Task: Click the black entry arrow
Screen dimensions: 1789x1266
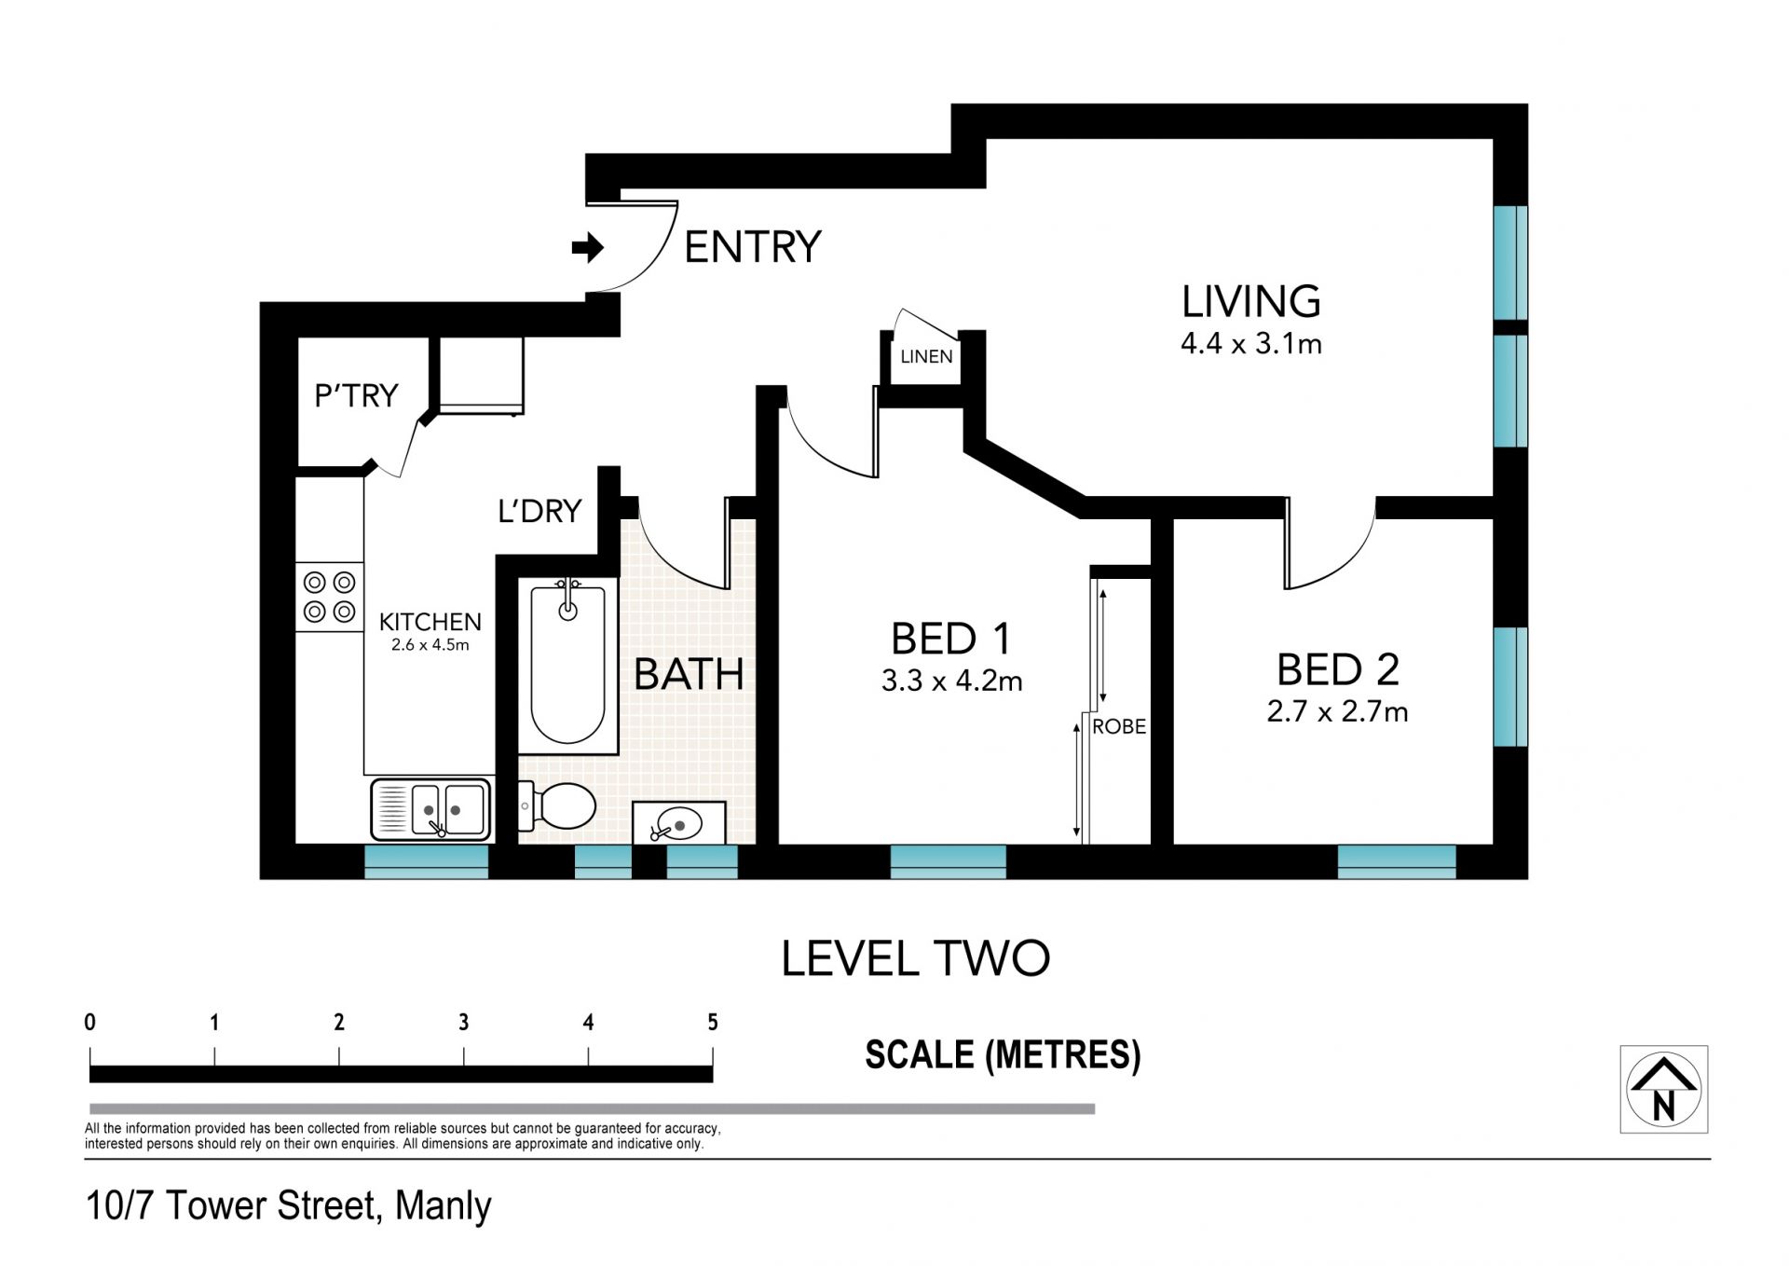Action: (588, 248)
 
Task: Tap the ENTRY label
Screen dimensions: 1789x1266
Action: (753, 247)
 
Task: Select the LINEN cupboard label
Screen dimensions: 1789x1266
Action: (926, 356)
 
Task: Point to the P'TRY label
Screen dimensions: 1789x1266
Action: (356, 395)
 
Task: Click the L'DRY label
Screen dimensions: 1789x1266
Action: (539, 511)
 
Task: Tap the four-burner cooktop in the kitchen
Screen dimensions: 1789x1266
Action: (330, 597)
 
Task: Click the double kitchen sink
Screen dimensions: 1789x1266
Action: (431, 809)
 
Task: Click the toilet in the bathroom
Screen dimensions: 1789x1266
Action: (558, 806)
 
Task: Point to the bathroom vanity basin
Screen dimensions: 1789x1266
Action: (679, 823)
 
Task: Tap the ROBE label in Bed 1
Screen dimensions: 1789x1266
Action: (1119, 726)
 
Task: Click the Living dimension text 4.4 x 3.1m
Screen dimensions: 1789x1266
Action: (1251, 344)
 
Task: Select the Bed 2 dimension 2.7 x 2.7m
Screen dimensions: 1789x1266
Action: (1337, 712)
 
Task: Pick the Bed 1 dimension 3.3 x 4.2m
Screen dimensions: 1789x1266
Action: (951, 681)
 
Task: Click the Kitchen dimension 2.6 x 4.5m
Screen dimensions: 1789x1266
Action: (430, 644)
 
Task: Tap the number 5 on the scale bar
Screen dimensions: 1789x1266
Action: (713, 1023)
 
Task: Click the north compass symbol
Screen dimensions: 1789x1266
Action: (1664, 1089)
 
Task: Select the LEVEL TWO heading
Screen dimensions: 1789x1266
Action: (915, 958)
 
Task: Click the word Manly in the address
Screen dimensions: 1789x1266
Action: (443, 1206)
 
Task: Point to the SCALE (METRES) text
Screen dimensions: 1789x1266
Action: (1003, 1055)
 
